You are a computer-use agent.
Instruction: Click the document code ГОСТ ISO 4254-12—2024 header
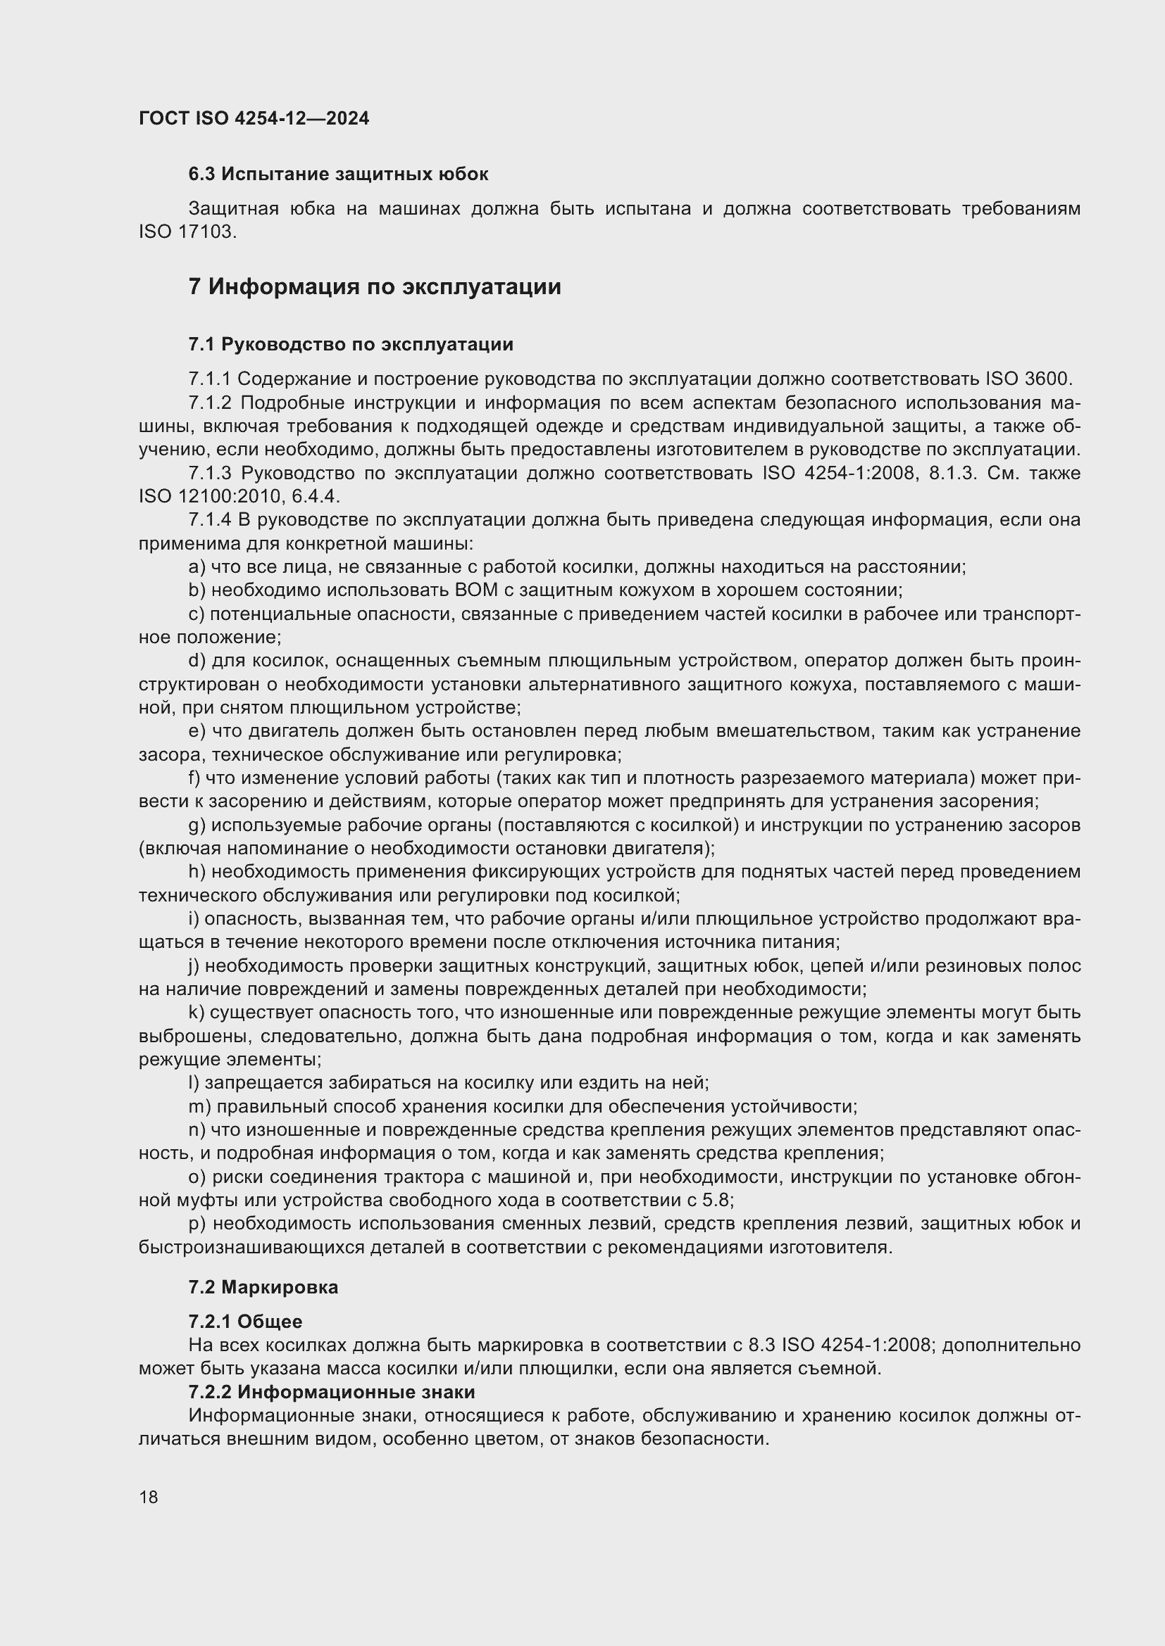click(254, 118)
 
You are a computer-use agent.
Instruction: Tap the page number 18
click(149, 1497)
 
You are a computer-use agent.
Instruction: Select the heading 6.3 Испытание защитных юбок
click(338, 175)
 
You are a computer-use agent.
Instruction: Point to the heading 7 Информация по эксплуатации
click(375, 286)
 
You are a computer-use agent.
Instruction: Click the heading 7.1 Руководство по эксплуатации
click(351, 344)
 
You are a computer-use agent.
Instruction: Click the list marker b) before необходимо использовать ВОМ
click(197, 590)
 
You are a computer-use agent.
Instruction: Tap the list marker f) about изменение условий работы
click(194, 778)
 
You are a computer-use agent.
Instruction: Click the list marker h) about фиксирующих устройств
click(197, 872)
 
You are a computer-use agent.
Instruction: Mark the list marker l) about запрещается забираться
click(194, 1082)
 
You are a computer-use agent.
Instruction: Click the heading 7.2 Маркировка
click(263, 1287)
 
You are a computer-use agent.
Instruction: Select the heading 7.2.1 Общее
click(245, 1322)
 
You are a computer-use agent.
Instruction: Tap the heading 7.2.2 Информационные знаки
click(332, 1392)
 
